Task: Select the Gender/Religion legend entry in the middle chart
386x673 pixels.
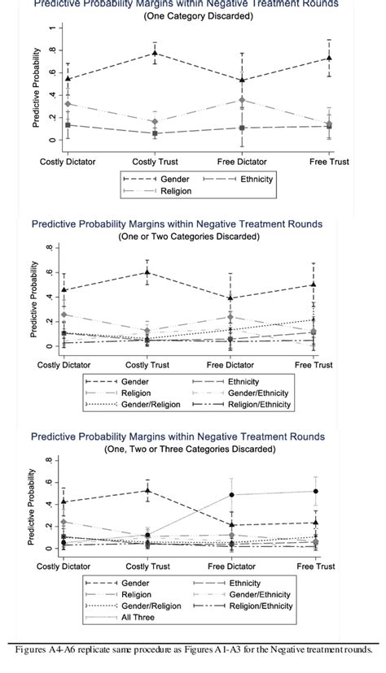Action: (x=150, y=404)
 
